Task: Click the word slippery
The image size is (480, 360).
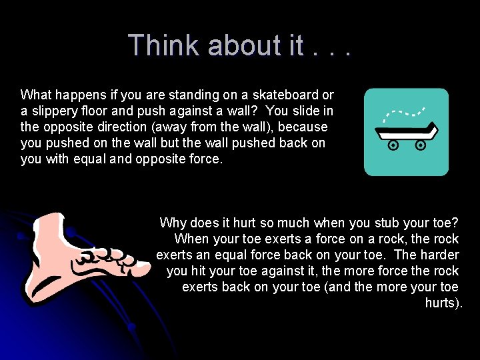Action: click(55, 111)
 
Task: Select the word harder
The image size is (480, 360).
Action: click(439, 255)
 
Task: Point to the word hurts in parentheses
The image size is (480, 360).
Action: click(442, 303)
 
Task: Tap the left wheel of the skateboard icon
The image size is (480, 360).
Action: click(393, 144)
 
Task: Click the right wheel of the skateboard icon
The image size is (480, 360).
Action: click(421, 144)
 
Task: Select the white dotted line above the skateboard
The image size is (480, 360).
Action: click(404, 111)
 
